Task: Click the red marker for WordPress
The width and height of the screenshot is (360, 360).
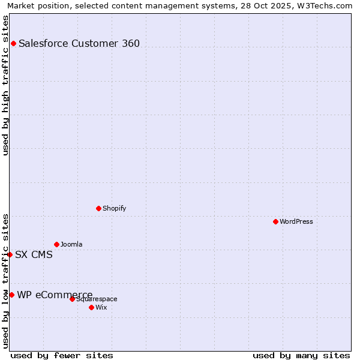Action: pos(275,221)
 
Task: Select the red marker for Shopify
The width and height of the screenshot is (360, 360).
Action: pos(98,208)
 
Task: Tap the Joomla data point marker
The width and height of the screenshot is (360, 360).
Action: pos(56,244)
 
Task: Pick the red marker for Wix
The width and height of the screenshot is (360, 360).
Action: pos(91,307)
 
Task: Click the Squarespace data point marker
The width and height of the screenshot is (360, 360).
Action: pos(72,299)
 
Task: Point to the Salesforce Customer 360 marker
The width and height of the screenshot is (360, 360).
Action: pos(13,43)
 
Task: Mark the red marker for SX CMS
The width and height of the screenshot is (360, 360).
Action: pos(10,254)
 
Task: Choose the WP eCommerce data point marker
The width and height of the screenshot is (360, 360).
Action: pos(11,295)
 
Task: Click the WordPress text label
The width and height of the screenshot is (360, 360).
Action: pos(296,221)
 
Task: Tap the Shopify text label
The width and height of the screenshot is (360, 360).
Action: pos(114,208)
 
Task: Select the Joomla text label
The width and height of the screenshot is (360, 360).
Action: pos(71,244)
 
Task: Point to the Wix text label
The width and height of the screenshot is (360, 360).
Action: pos(101,307)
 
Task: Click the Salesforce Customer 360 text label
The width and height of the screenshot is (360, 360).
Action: pos(79,43)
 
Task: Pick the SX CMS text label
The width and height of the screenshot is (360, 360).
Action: pos(34,254)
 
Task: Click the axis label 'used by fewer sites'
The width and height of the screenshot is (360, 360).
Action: pos(62,355)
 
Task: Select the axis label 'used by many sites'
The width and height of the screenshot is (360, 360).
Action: pos(301,355)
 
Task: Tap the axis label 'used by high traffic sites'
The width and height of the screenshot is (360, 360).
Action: pos(5,85)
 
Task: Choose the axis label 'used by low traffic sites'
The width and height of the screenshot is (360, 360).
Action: pos(5,281)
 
